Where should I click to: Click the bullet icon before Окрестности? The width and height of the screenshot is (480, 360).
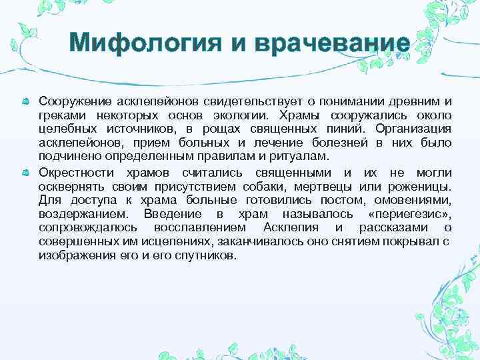tap(26, 173)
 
